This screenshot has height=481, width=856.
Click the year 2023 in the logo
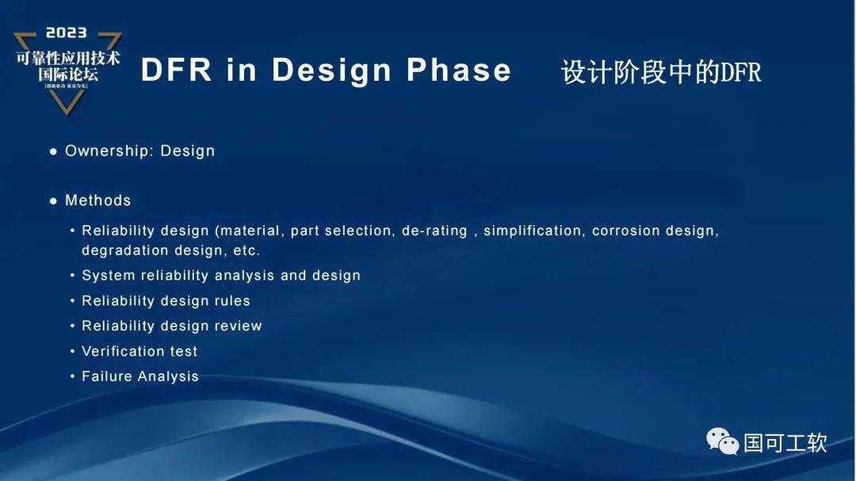(67, 32)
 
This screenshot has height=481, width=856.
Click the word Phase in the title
(459, 71)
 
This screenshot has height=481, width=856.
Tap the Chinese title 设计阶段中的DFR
(660, 72)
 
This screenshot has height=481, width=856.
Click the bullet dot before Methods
(54, 201)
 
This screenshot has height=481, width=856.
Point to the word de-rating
(434, 231)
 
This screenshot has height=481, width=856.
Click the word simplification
(532, 231)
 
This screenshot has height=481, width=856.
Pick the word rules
(231, 301)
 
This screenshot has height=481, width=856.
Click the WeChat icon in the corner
(722, 441)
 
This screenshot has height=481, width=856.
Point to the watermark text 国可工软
(785, 442)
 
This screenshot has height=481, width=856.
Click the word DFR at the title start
(176, 71)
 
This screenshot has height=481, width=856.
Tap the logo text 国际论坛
(67, 74)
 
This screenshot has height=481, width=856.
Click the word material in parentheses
(250, 231)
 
